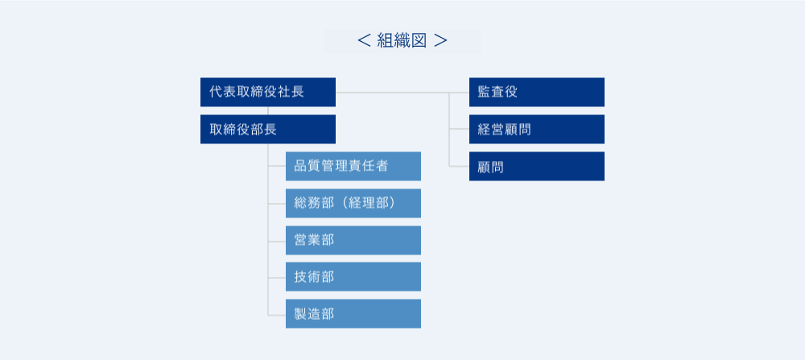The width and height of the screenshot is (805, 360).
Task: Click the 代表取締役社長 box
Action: tap(268, 92)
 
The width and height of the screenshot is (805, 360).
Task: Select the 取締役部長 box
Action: tap(268, 129)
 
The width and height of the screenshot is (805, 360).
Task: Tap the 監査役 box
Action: tap(536, 92)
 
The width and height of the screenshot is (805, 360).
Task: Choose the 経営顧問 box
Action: tap(536, 129)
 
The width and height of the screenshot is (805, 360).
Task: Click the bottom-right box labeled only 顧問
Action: tap(536, 167)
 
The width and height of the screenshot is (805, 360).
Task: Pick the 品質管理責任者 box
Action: tap(353, 167)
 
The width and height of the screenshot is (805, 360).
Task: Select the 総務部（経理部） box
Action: tap(353, 204)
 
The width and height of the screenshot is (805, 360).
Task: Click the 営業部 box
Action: tap(353, 240)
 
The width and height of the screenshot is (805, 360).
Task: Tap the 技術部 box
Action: tap(353, 277)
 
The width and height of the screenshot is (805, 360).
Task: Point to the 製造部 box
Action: tap(353, 314)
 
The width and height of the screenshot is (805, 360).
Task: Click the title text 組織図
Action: tap(402, 40)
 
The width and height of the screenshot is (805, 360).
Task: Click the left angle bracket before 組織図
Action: tap(364, 41)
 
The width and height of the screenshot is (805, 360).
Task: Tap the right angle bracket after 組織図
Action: tap(440, 41)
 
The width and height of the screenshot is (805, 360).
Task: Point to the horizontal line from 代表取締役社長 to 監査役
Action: tap(402, 93)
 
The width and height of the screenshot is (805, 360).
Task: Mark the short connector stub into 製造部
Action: tap(277, 314)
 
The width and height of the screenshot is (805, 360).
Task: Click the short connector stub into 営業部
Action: tap(277, 240)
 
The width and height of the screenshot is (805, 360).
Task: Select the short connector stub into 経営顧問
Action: tap(459, 130)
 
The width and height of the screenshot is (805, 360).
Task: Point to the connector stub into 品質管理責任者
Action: tap(277, 167)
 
